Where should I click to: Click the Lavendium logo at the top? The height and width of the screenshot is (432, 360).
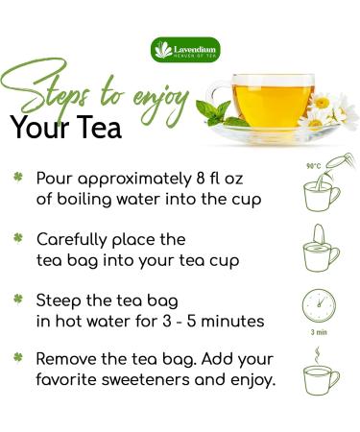click(180, 49)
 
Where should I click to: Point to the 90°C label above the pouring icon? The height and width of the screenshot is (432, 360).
click(312, 166)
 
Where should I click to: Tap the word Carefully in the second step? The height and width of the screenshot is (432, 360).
click(76, 237)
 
